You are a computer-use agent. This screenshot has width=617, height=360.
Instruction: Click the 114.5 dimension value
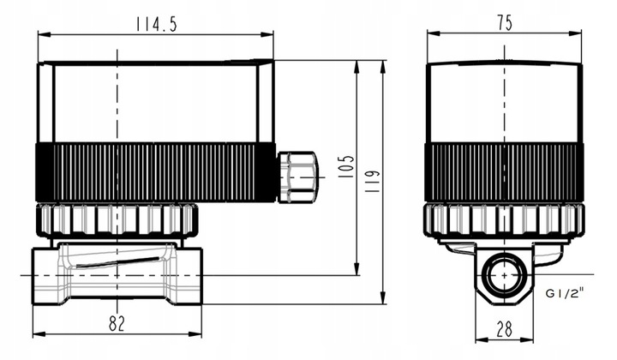[156, 24]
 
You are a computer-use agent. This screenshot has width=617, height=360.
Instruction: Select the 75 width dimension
[505, 22]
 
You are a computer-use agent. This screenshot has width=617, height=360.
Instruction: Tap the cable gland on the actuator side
[297, 177]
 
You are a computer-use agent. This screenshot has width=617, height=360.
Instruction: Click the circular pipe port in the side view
[504, 276]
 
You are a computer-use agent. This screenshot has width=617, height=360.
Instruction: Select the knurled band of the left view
[154, 171]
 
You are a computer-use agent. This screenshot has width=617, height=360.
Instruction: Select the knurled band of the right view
[505, 171]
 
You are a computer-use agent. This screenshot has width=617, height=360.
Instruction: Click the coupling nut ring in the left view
[118, 219]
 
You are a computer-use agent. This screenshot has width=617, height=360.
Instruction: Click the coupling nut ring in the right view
[505, 220]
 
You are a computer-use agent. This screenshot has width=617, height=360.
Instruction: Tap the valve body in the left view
[117, 274]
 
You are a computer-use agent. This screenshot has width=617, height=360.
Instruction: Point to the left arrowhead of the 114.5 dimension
[42, 35]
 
